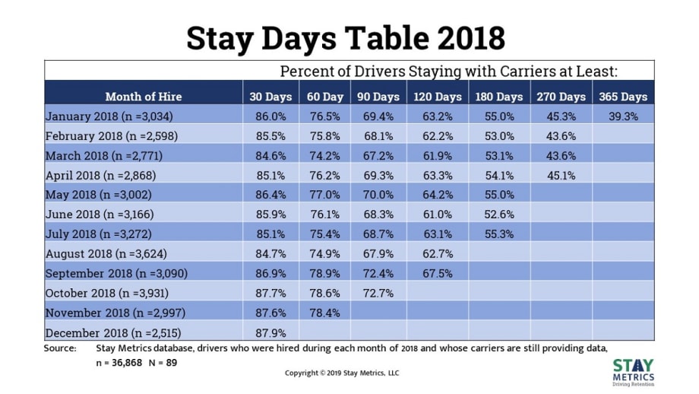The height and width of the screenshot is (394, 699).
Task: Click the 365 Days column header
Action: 622,97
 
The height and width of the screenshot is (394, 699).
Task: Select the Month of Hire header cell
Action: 144,97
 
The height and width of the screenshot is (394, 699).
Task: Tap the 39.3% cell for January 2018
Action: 622,116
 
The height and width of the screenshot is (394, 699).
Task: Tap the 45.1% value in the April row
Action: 560,175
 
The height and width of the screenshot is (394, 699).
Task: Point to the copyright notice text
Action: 342,373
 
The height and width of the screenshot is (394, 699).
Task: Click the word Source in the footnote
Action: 61,348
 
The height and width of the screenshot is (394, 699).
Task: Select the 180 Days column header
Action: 498,97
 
